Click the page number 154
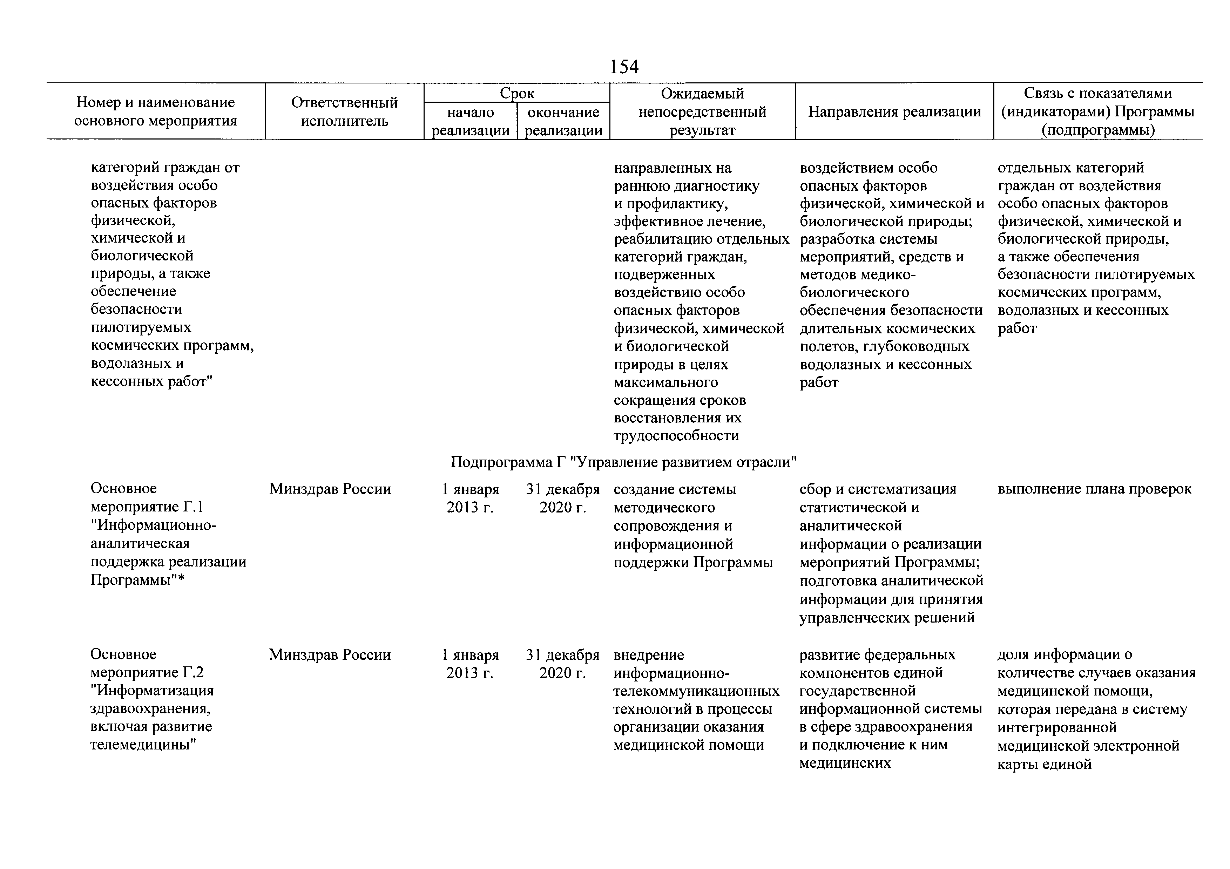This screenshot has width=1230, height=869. pyautogui.click(x=624, y=67)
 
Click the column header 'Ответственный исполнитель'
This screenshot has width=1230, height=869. pyautogui.click(x=344, y=111)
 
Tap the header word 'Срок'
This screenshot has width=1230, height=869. pyautogui.click(x=517, y=93)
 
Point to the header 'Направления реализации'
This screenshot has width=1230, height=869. pyautogui.click(x=894, y=111)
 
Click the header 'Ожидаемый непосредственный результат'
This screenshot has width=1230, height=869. pyautogui.click(x=702, y=111)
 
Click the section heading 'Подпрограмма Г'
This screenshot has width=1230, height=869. pyautogui.click(x=623, y=462)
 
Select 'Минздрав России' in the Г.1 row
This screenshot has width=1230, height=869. pyautogui.click(x=330, y=489)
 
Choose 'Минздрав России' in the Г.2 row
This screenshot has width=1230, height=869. pyautogui.click(x=330, y=655)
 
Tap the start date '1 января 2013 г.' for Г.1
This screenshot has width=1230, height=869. pyautogui.click(x=470, y=498)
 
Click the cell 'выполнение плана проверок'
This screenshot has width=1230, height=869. pyautogui.click(x=1094, y=489)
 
